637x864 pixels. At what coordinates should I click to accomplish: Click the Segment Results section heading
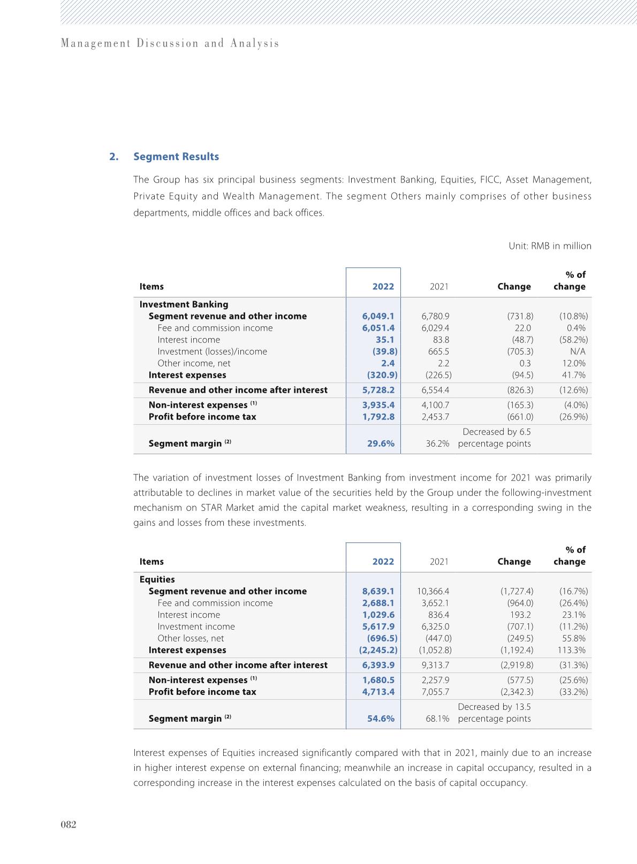coord(176,157)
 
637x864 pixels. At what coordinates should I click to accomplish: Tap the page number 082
coord(69,824)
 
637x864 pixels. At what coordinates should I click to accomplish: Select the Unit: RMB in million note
coord(550,246)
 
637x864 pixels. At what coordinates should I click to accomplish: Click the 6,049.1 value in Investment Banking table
coord(378,316)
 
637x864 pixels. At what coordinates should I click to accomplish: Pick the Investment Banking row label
coord(184,304)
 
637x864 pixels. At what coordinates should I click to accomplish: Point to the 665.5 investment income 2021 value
coord(438,351)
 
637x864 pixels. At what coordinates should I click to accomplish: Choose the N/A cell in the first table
coord(578,351)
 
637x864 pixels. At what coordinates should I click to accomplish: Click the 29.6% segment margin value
coord(381,444)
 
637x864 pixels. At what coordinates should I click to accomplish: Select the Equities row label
coord(157,579)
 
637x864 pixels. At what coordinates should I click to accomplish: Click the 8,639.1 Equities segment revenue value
coord(378,591)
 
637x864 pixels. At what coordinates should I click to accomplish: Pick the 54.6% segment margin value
coord(381,718)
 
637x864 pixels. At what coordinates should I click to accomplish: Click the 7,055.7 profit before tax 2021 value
coord(435,692)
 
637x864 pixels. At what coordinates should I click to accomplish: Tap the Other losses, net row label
coord(191,638)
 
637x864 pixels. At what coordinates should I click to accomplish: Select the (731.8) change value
coord(520,316)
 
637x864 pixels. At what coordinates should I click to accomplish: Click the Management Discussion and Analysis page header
coord(170,43)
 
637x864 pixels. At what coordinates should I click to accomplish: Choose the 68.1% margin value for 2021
coord(437,718)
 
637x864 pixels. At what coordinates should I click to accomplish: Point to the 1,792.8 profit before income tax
coord(378,417)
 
